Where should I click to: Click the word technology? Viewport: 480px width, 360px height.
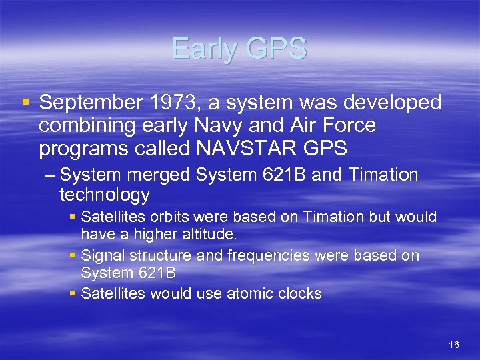click(104, 195)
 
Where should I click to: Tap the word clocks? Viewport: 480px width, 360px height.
click(299, 294)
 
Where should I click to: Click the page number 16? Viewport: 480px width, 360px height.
click(454, 345)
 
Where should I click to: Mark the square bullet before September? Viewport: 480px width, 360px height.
click(25, 103)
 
